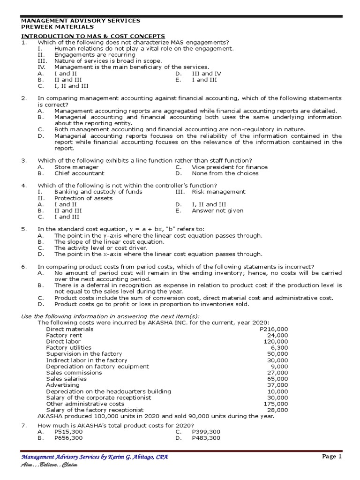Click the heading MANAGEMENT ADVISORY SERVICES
click(81, 21)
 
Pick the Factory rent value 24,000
click(277, 335)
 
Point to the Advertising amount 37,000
click(277, 385)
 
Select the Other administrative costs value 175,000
click(276, 404)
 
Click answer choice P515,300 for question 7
click(68, 431)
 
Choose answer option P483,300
click(206, 438)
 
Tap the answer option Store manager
click(76, 167)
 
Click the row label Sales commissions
click(74, 373)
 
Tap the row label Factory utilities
click(69, 348)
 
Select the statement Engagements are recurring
click(95, 55)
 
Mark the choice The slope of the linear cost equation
click(109, 241)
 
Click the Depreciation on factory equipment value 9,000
click(279, 367)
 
